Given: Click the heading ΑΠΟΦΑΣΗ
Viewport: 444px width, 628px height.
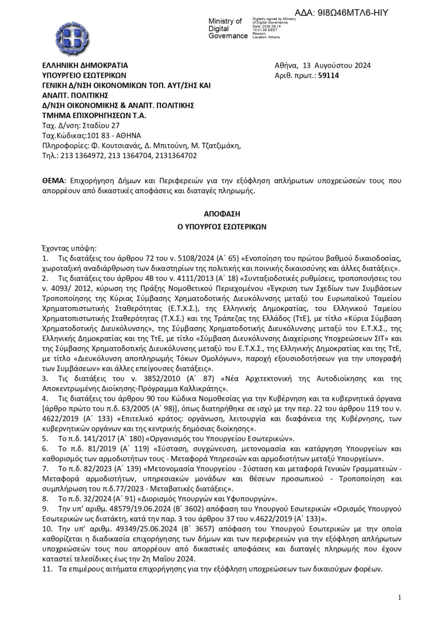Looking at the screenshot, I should pos(221,213).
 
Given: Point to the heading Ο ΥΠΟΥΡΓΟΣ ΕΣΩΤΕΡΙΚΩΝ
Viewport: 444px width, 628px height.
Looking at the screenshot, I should pos(221,227).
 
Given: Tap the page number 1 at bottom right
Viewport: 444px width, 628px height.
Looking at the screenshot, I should pos(399,597).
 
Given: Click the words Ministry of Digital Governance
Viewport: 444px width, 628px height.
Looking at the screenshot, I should pos(227,28).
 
